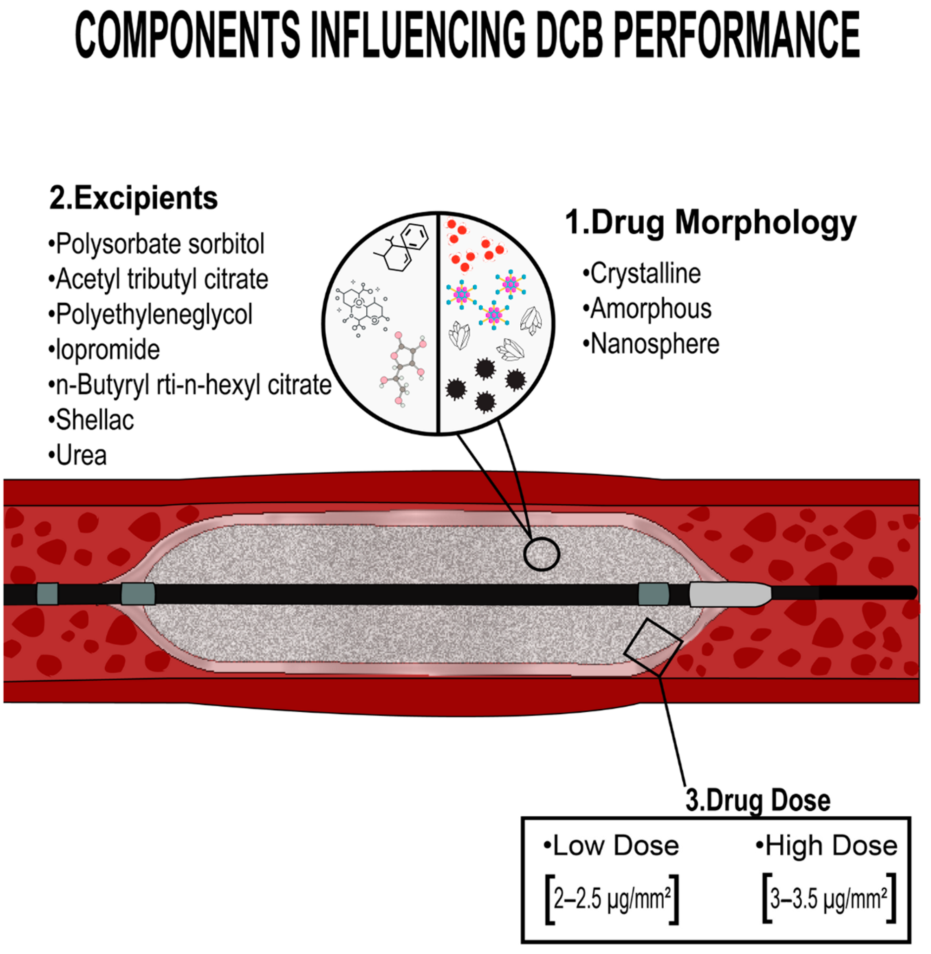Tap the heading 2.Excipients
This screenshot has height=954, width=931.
point(134,198)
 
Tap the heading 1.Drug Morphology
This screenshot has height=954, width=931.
point(710,223)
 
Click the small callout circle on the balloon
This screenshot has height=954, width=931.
point(541,554)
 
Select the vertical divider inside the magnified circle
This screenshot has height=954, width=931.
point(438,323)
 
